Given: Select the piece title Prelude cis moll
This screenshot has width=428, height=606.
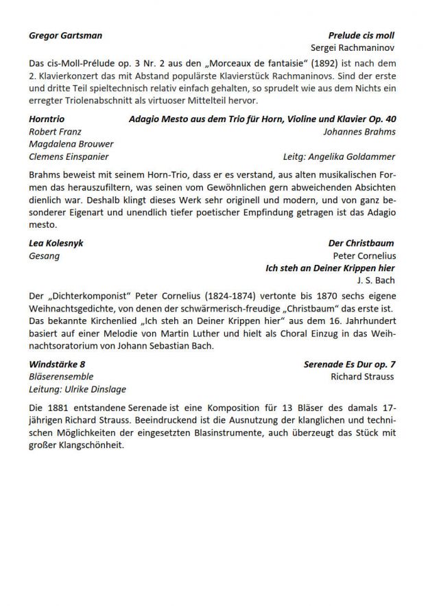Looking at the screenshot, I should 361,35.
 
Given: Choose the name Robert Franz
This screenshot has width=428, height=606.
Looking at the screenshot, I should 55,131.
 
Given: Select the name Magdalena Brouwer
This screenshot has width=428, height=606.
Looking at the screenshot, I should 71,144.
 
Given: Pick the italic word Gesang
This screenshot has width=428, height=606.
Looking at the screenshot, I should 44,256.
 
